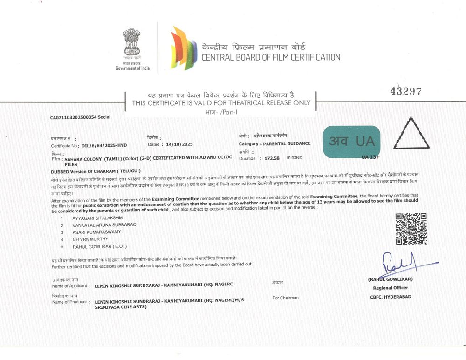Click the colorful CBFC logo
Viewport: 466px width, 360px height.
(x=184, y=48)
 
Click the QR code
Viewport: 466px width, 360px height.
(x=411, y=229)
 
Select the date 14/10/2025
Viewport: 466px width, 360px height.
(x=177, y=145)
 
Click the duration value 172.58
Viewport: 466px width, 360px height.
(x=272, y=158)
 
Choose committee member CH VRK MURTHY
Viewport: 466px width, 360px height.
(x=90, y=239)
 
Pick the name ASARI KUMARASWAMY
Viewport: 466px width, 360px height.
(x=96, y=232)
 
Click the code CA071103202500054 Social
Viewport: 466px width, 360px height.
(x=80, y=117)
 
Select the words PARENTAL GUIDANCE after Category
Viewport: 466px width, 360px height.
(x=287, y=143)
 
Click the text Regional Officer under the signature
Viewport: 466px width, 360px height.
(x=391, y=288)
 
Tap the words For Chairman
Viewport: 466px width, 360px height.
(x=285, y=298)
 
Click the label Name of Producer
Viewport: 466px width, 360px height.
(x=70, y=302)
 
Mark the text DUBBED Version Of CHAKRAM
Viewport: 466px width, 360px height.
(x=96, y=171)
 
